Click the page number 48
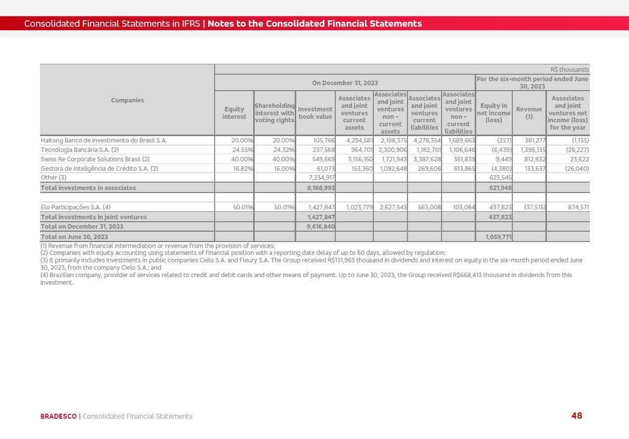click(x=577, y=416)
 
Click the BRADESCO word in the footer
click(x=58, y=416)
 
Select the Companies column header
click(x=128, y=100)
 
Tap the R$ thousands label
click(x=570, y=70)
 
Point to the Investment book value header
click(x=315, y=113)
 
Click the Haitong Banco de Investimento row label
click(x=104, y=141)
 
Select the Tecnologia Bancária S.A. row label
click(x=80, y=150)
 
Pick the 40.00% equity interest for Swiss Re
click(x=242, y=159)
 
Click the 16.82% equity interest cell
click(x=243, y=169)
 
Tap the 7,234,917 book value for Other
click(x=321, y=178)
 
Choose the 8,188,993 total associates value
click(x=321, y=188)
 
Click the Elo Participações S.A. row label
click(x=76, y=207)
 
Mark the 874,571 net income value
click(x=578, y=207)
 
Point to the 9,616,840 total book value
click(x=321, y=227)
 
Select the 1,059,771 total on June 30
click(x=498, y=237)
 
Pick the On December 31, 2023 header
click(x=345, y=83)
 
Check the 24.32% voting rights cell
click(x=284, y=150)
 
